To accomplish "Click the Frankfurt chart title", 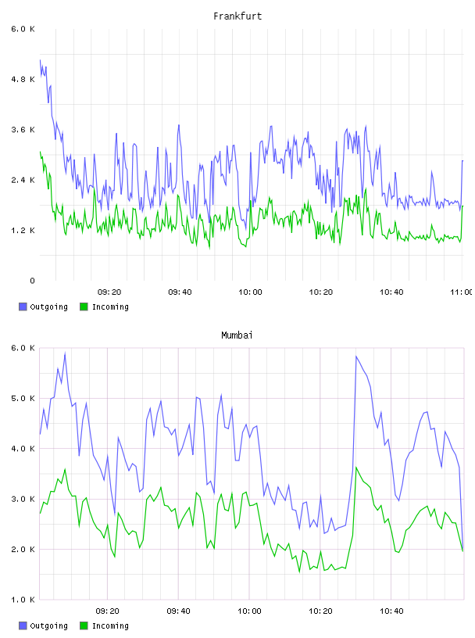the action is tap(237, 16).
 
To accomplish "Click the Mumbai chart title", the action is tap(237, 335).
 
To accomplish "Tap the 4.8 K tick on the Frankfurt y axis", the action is tap(23, 79).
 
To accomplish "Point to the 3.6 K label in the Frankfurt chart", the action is tap(23, 130).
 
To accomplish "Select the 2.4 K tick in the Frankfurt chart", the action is tap(23, 181).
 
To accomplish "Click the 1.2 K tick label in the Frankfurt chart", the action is tap(23, 231).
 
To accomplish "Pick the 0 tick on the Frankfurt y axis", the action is tap(32, 281).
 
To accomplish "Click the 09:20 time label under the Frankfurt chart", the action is tap(109, 292).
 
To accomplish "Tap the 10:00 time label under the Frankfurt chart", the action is tap(250, 292).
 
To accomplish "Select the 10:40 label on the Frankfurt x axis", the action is tap(391, 292).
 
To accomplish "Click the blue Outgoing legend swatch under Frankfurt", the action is tap(23, 306).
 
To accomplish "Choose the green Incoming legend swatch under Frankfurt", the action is tap(84, 306).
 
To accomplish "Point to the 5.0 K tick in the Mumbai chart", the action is tap(23, 398).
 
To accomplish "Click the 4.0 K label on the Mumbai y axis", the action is tap(23, 449).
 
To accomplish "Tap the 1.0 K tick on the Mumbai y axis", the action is tap(23, 600).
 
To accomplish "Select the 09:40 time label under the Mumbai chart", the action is tap(179, 611).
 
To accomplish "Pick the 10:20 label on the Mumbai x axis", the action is tap(320, 611).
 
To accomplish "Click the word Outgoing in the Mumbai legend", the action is tap(48, 625).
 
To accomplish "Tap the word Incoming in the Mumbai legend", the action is tap(110, 625).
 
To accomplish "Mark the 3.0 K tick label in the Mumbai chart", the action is tap(23, 500).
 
